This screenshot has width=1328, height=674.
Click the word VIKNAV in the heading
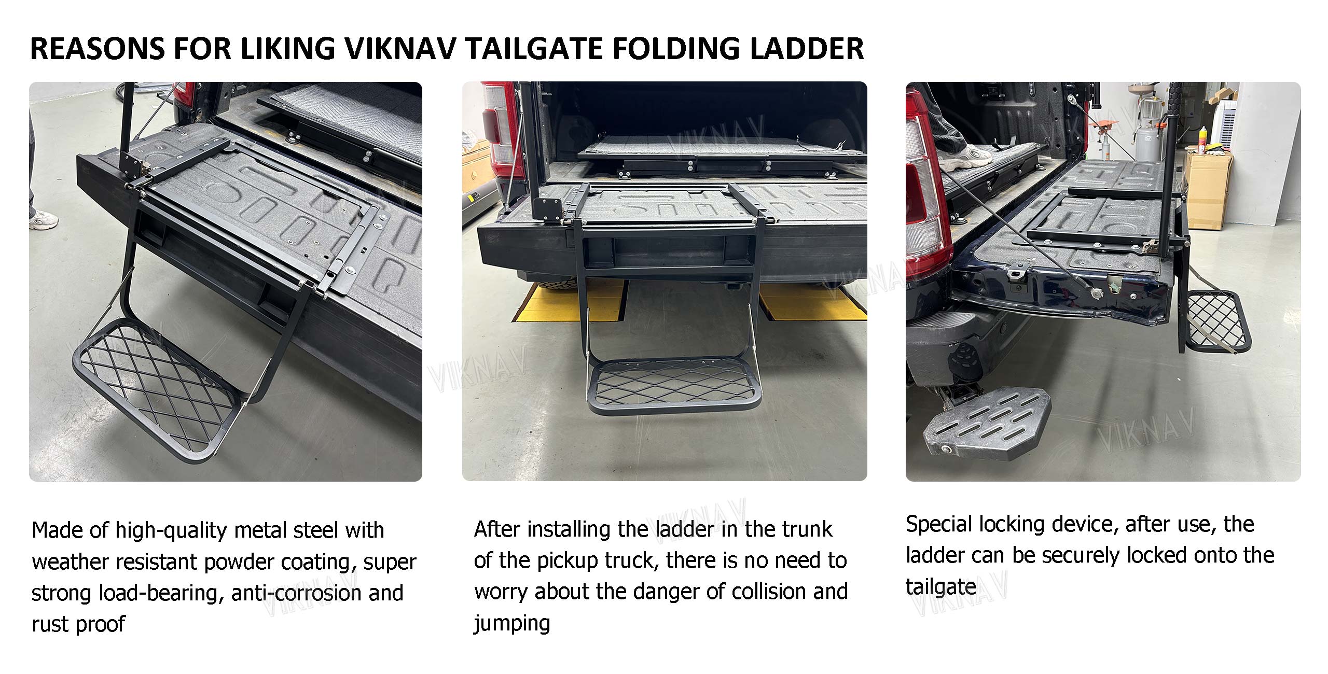pyautogui.click(x=400, y=49)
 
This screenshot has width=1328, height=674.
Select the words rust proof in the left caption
pyautogui.click(x=78, y=625)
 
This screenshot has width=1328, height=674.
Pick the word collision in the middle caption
pyautogui.click(x=769, y=592)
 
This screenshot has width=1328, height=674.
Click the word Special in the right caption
pyautogui.click(x=938, y=525)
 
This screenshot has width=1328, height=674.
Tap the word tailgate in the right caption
pyautogui.click(x=940, y=587)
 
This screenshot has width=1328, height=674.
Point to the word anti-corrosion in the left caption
pyautogui.click(x=296, y=593)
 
